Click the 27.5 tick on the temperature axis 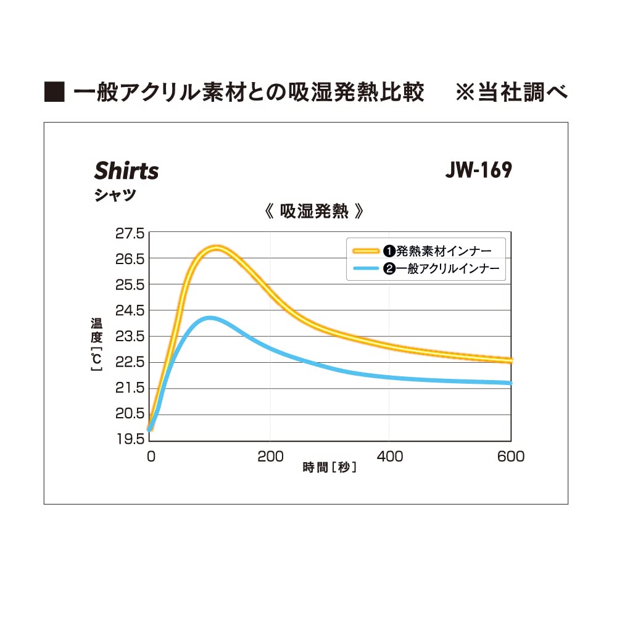click(x=130, y=233)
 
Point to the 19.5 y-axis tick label click(x=130, y=439)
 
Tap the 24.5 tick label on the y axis click(x=130, y=310)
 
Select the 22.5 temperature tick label click(x=130, y=362)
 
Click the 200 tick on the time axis click(x=270, y=457)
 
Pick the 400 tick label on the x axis click(x=390, y=457)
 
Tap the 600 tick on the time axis click(x=511, y=457)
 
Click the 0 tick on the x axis click(x=151, y=457)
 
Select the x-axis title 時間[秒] click(x=330, y=467)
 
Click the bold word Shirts click(x=126, y=171)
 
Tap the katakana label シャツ click(x=115, y=194)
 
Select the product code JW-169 click(x=479, y=170)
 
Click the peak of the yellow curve click(x=216, y=248)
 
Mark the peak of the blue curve click(x=210, y=318)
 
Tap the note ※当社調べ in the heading click(x=511, y=93)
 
